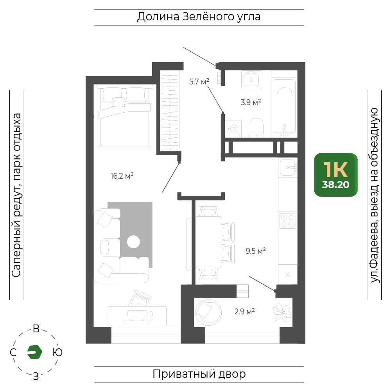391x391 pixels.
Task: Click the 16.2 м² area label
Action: [x=122, y=176]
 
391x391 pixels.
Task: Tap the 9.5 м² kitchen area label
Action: [x=256, y=251]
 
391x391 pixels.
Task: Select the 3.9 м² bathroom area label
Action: [x=251, y=102]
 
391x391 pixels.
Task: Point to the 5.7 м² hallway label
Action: [x=199, y=82]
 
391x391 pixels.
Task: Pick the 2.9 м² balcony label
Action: [x=245, y=312]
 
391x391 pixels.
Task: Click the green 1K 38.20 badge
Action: [x=335, y=175]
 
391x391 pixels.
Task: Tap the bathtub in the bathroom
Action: [x=284, y=107]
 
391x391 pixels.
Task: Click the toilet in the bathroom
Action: [x=256, y=127]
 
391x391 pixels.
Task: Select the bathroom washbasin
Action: [x=251, y=79]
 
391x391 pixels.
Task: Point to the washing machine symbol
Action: [x=233, y=129]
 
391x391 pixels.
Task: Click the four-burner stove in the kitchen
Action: [x=288, y=221]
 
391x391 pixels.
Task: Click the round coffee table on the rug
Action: [x=133, y=242]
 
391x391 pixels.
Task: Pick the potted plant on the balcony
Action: [x=282, y=312]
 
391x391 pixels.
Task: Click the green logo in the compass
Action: [x=34, y=352]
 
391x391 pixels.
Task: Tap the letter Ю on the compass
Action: [x=57, y=352]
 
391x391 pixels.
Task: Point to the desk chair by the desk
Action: [x=140, y=298]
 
